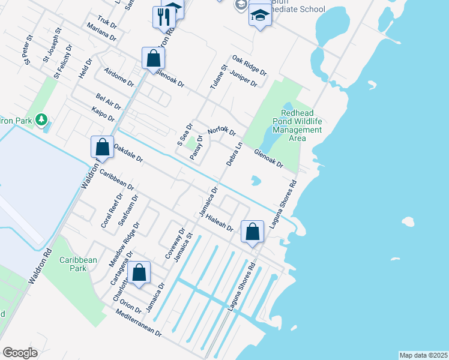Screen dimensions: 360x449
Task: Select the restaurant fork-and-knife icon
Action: click(163, 16)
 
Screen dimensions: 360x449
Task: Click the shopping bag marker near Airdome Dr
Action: click(154, 58)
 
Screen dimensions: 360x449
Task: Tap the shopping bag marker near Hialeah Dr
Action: click(253, 232)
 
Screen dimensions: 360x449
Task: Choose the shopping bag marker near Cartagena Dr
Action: click(139, 273)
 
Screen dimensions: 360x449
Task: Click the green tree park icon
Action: click(41, 120)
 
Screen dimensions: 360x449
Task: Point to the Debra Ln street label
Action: click(234, 154)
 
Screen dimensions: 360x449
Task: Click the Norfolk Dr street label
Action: click(222, 131)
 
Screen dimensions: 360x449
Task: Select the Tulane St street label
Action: click(219, 76)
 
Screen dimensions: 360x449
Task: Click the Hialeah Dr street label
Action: click(219, 223)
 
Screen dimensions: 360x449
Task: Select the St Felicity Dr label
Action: click(62, 62)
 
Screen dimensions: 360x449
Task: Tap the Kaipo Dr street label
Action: click(103, 115)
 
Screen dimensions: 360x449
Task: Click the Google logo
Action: click(20, 352)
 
